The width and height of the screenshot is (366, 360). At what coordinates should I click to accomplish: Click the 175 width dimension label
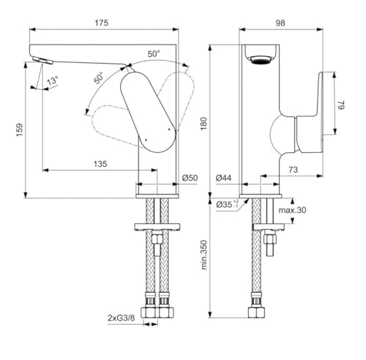102,23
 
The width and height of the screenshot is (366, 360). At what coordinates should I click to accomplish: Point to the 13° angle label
52,80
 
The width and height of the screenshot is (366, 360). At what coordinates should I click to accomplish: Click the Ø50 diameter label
189,178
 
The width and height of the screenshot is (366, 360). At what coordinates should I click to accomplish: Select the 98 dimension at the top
280,23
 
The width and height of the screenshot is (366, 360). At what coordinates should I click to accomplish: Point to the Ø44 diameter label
225,178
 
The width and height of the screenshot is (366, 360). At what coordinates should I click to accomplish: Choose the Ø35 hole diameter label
225,206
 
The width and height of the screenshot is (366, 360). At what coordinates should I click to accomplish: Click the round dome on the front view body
282,135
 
